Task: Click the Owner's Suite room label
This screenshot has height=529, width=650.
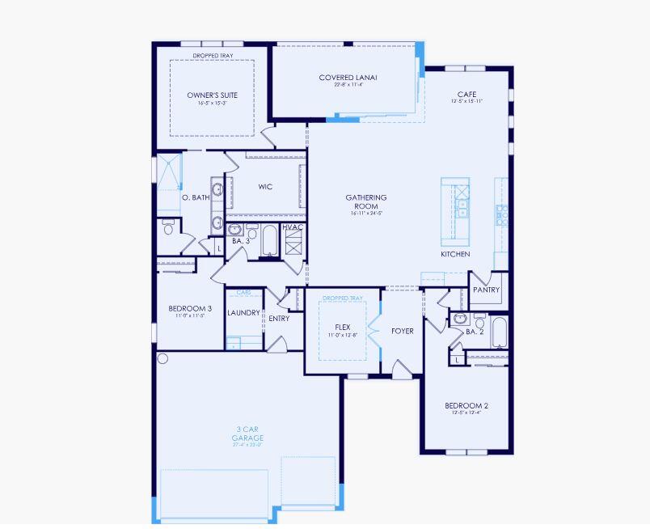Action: [212, 95]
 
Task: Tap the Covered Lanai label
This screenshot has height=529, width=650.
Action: [348, 78]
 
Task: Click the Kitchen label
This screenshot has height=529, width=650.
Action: [455, 254]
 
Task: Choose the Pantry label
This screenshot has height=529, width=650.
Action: [486, 290]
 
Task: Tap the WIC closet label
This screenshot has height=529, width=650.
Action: [265, 187]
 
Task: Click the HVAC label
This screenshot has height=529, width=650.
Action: [293, 227]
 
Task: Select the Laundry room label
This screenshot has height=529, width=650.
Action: [243, 313]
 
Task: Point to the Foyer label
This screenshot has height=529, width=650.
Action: [402, 331]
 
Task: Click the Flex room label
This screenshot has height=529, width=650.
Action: [342, 328]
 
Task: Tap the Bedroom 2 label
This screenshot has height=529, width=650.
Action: [466, 406]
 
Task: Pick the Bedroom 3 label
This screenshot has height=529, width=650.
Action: [190, 308]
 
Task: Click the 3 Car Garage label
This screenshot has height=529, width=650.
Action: [248, 434]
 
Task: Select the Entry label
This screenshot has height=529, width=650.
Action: [279, 319]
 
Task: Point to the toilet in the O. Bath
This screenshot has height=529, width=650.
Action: [168, 226]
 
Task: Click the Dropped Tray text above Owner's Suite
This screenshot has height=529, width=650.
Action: [212, 55]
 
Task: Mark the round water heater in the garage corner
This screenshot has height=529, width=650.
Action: [162, 358]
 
